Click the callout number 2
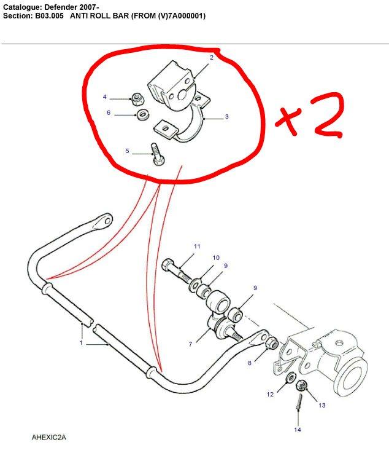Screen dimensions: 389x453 coord(211,58)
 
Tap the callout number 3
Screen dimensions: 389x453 coord(226,116)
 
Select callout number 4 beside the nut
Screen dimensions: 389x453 coord(105,97)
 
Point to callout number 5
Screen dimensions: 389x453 coord(127,151)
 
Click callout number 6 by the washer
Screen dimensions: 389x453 coord(109,112)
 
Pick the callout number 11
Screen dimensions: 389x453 coord(197,246)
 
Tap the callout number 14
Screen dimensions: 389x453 coord(298,430)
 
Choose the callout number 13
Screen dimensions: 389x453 coord(322,405)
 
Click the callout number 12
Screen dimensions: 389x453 coord(270,395)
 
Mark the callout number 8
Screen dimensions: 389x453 coord(250,363)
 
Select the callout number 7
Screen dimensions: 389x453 coord(190,344)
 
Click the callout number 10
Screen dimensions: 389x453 coord(216,258)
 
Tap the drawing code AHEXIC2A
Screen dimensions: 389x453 coord(48,438)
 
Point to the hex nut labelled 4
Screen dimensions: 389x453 coord(137,99)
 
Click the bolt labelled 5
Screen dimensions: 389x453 coord(157,154)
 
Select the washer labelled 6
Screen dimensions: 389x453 coord(142,114)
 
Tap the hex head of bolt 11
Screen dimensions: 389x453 coord(168,265)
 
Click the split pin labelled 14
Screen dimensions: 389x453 coord(299,401)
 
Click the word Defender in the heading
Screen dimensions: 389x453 coord(60,6)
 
